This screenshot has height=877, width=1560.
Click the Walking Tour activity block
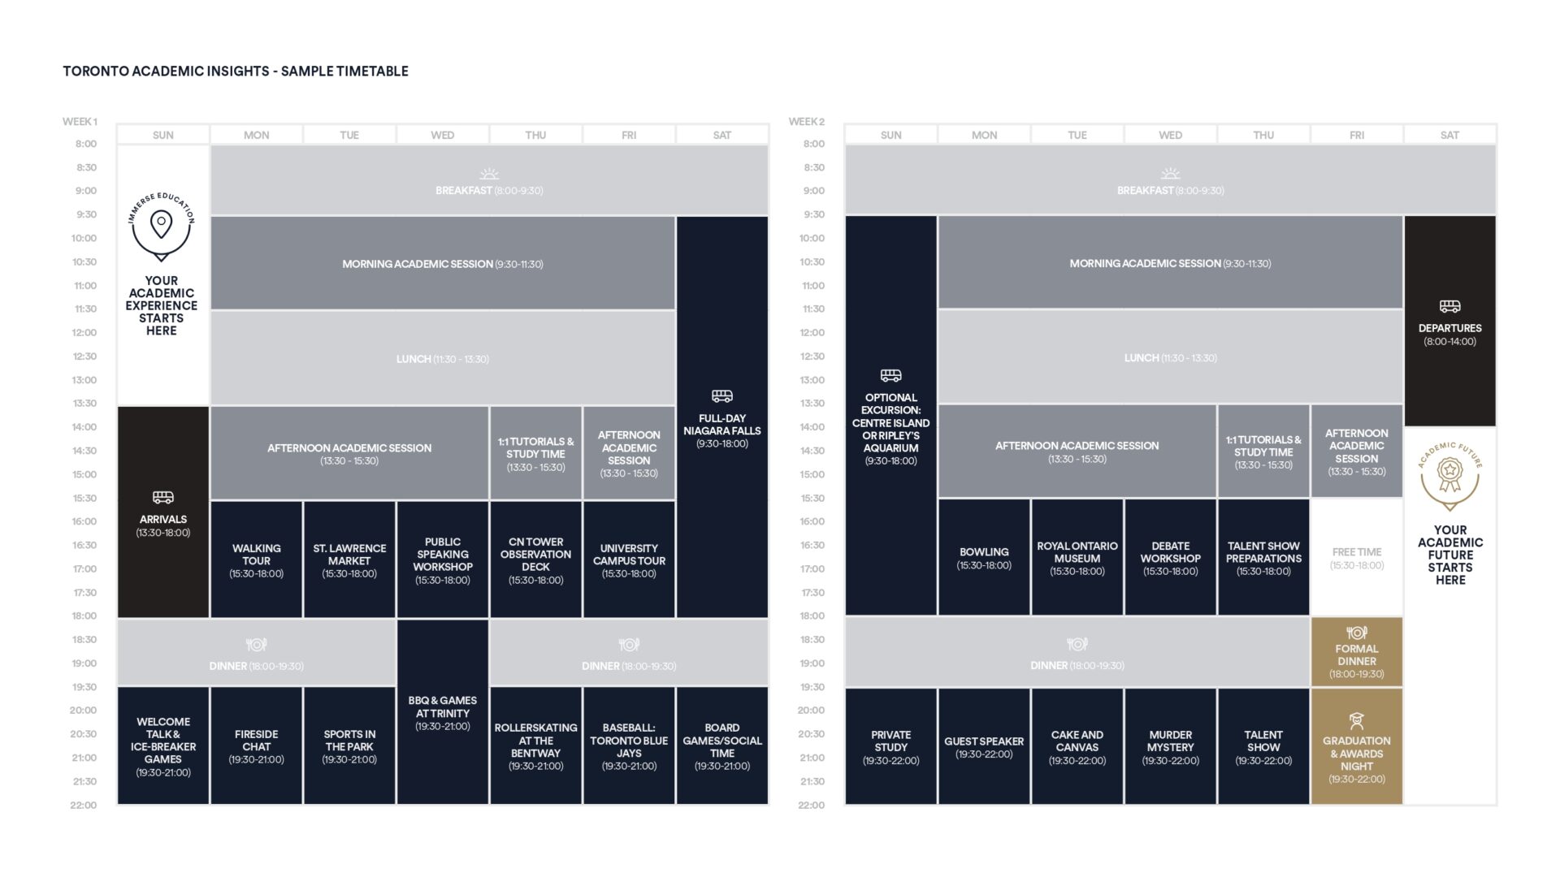(x=256, y=559)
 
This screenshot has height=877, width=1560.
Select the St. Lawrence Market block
(x=349, y=559)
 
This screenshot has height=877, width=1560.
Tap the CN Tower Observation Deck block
(x=535, y=559)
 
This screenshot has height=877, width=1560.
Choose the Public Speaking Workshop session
(x=443, y=559)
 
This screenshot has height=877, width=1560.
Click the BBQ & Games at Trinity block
(x=443, y=712)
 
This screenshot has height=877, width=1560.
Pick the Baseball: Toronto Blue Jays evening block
(x=629, y=746)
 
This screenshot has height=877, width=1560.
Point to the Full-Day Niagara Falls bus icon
(x=722, y=396)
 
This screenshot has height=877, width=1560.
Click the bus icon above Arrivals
(x=163, y=497)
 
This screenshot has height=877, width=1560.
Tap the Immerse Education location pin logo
(x=162, y=227)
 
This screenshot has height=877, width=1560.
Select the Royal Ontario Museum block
(x=1077, y=557)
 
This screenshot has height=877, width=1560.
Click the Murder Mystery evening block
(x=1170, y=746)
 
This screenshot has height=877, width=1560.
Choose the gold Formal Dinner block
(x=1357, y=651)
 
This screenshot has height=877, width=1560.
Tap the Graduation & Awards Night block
(x=1357, y=746)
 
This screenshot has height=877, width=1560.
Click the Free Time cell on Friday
(x=1357, y=557)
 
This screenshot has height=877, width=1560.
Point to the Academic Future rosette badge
(x=1450, y=476)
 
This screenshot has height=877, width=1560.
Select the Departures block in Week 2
(x=1450, y=321)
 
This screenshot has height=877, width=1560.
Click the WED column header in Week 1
(x=443, y=135)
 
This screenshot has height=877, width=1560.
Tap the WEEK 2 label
(x=807, y=122)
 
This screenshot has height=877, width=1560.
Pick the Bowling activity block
(x=984, y=557)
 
